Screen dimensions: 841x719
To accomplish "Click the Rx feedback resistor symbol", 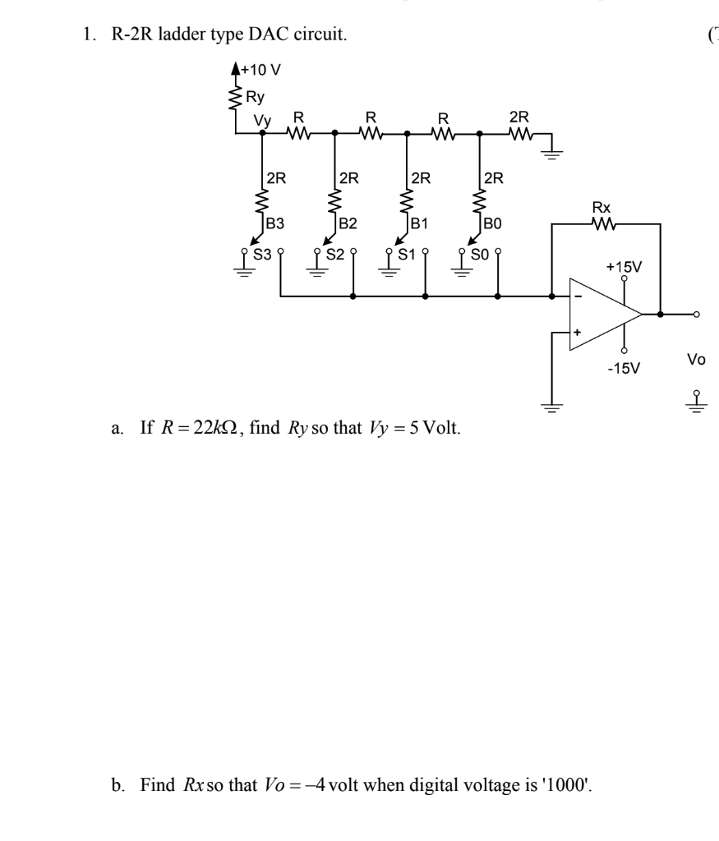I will coord(605,223).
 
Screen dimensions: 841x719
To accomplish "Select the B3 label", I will coord(275,223).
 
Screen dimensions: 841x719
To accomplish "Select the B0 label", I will coord(492,223).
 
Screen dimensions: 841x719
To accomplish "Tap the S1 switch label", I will coord(407,254).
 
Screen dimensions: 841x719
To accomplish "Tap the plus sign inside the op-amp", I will coord(578,333).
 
